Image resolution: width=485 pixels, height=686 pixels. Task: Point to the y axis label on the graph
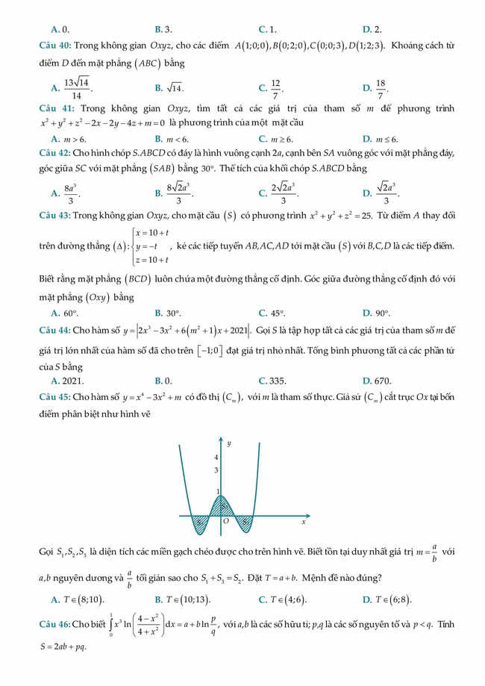[x=229, y=443]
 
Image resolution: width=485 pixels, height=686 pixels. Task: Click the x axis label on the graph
[x=304, y=522]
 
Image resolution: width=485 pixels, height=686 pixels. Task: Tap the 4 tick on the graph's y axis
[x=216, y=457]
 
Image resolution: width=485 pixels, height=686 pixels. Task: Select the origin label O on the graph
[x=225, y=521]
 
